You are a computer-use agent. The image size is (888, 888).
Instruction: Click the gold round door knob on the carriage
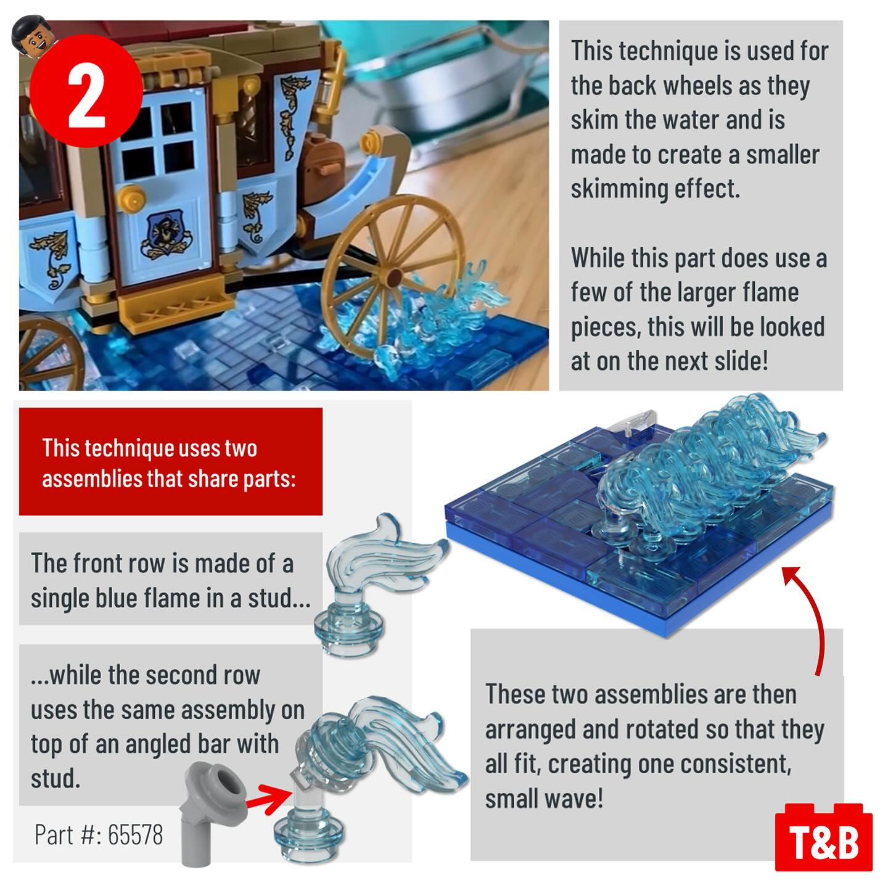130,199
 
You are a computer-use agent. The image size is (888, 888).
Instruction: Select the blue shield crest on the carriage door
165,234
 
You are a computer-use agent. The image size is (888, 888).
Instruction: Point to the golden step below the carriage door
176,306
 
